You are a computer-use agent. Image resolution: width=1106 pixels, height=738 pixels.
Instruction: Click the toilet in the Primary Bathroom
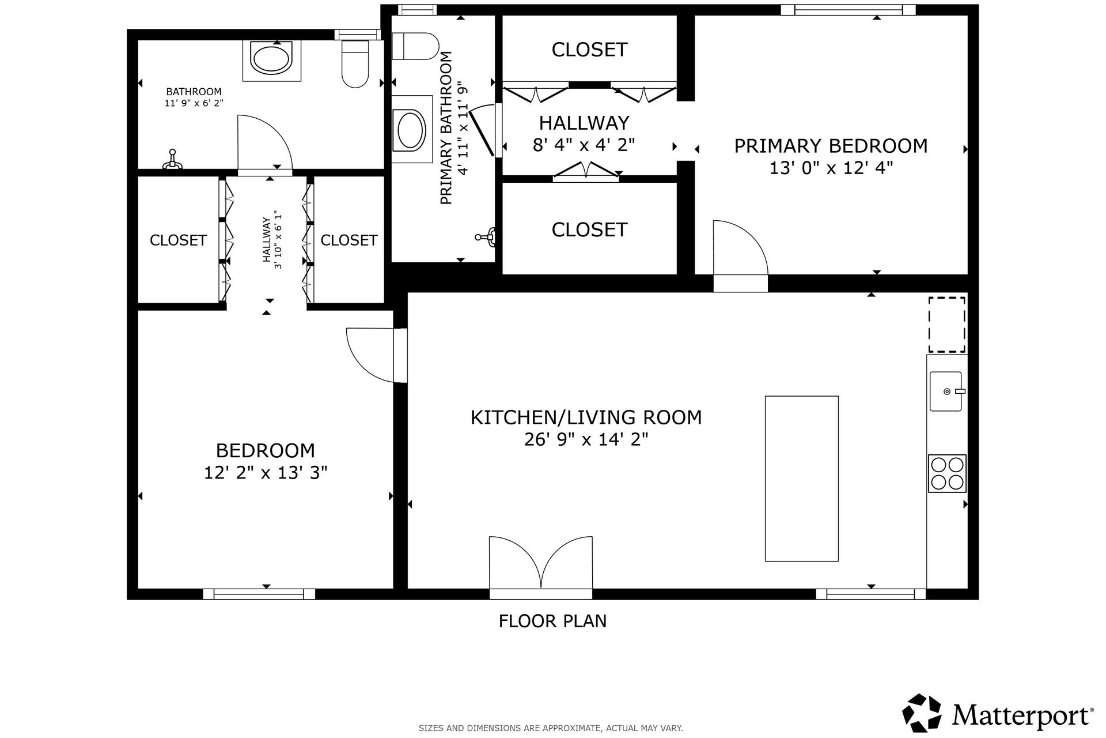[415, 46]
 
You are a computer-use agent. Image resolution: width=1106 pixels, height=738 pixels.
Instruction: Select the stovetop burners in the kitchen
[947, 473]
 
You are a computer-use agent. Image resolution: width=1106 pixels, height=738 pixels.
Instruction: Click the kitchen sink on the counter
[946, 391]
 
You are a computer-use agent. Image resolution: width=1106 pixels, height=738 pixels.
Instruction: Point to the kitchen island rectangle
[801, 479]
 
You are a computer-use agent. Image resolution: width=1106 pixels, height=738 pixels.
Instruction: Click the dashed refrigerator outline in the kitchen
[946, 325]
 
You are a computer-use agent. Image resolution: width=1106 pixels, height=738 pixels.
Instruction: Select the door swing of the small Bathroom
[265, 144]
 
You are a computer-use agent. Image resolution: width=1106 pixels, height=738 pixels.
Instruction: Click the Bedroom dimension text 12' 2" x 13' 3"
[266, 473]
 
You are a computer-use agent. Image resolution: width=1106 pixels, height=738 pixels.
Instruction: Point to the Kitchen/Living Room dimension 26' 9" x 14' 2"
[586, 439]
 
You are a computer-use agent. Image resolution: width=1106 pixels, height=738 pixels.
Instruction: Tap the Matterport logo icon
[922, 713]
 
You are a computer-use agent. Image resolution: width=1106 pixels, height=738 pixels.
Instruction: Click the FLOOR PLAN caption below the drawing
[552, 621]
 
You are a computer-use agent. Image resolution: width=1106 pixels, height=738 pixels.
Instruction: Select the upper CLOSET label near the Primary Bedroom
[589, 50]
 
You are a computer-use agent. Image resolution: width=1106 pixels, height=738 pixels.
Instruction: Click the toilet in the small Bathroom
[355, 63]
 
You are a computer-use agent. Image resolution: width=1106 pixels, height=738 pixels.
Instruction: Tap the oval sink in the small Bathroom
[271, 59]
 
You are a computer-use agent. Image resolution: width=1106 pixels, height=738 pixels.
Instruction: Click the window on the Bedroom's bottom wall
[259, 594]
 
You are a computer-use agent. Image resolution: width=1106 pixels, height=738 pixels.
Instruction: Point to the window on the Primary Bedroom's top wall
[848, 10]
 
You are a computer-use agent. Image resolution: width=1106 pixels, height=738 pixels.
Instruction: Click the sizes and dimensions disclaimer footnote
[551, 728]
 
